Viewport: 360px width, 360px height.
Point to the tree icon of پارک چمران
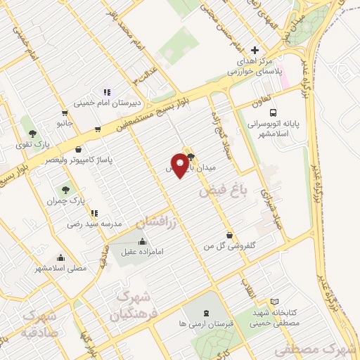[65, 190]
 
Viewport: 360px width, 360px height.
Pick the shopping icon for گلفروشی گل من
[229, 236]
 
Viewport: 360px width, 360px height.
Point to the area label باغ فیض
[220, 190]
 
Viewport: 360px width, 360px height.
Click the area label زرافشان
[157, 222]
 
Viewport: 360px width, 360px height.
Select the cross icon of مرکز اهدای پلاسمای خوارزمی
[255, 51]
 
